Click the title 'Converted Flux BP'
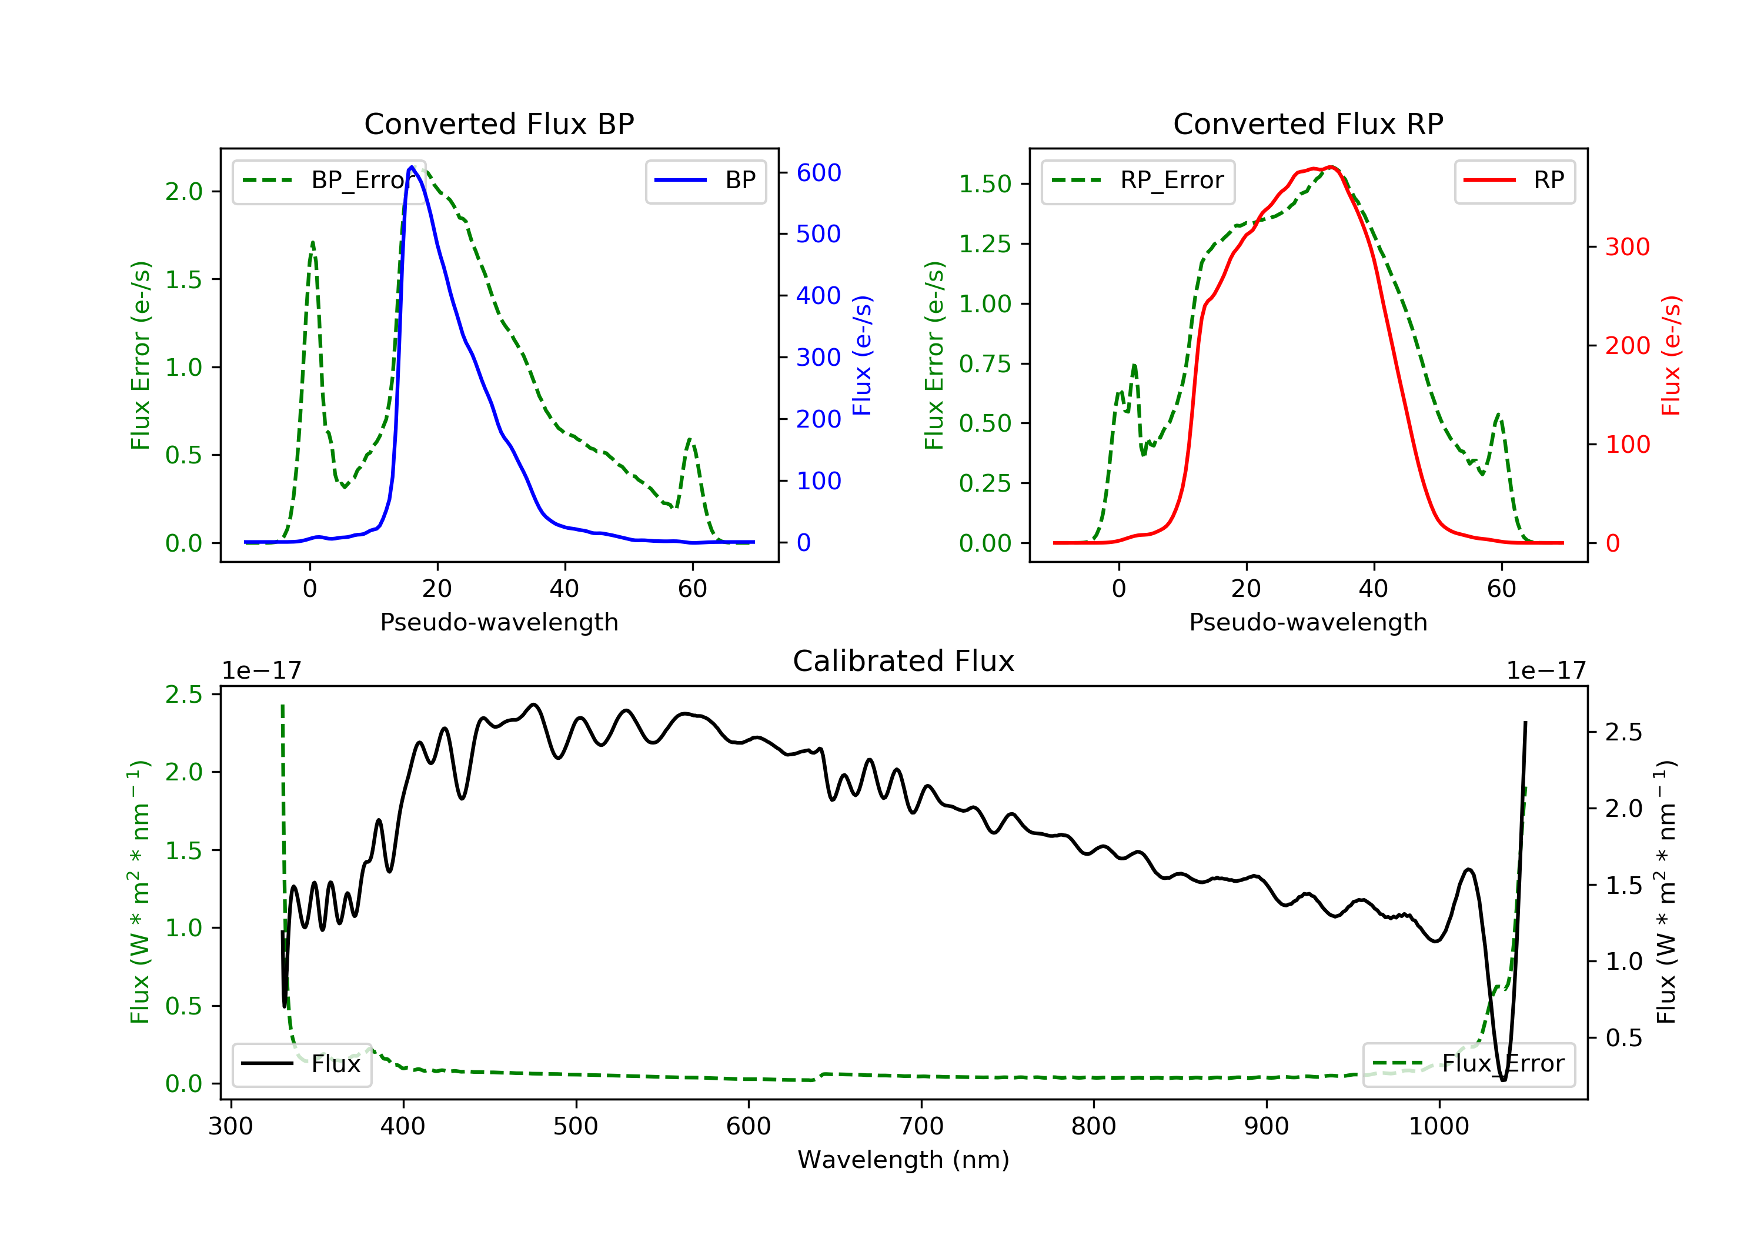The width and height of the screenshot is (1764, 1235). [x=499, y=123]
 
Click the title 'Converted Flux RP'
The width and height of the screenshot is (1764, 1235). [x=1308, y=123]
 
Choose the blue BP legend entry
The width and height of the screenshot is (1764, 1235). [x=705, y=181]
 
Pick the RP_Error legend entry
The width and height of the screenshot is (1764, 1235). [x=1137, y=181]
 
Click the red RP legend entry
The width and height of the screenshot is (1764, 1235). [x=1514, y=181]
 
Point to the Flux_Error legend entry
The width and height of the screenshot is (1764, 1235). [x=1468, y=1064]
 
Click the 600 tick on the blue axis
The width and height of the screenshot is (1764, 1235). [x=818, y=173]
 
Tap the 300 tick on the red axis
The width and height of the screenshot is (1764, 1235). [x=1627, y=246]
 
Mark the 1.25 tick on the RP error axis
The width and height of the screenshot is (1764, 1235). [x=985, y=243]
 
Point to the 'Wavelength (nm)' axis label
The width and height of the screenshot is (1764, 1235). [x=904, y=1160]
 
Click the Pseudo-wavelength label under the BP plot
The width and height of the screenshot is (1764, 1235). [x=499, y=622]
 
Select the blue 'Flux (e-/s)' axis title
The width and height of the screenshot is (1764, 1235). [x=862, y=356]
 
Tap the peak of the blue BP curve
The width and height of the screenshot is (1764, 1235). [x=412, y=167]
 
